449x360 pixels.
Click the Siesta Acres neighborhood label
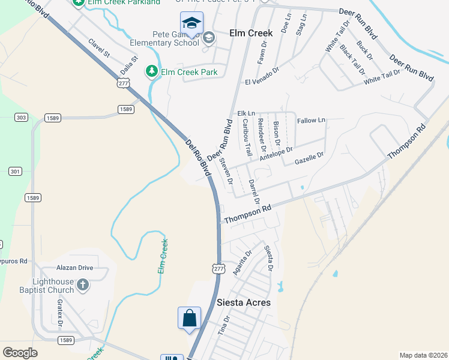244,302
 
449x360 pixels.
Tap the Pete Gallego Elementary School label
165,38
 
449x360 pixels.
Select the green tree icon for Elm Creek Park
152,72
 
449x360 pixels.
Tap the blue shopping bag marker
189,318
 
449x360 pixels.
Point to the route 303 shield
21,118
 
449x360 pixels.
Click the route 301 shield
15,172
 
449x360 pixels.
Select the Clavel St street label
99,48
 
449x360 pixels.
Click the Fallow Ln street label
311,121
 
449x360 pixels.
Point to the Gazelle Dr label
309,158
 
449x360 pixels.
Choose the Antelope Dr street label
276,154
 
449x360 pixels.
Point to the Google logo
20,353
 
